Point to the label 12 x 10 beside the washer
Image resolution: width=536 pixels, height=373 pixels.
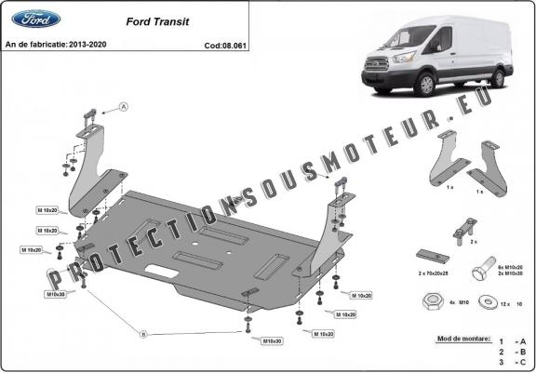510,302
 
